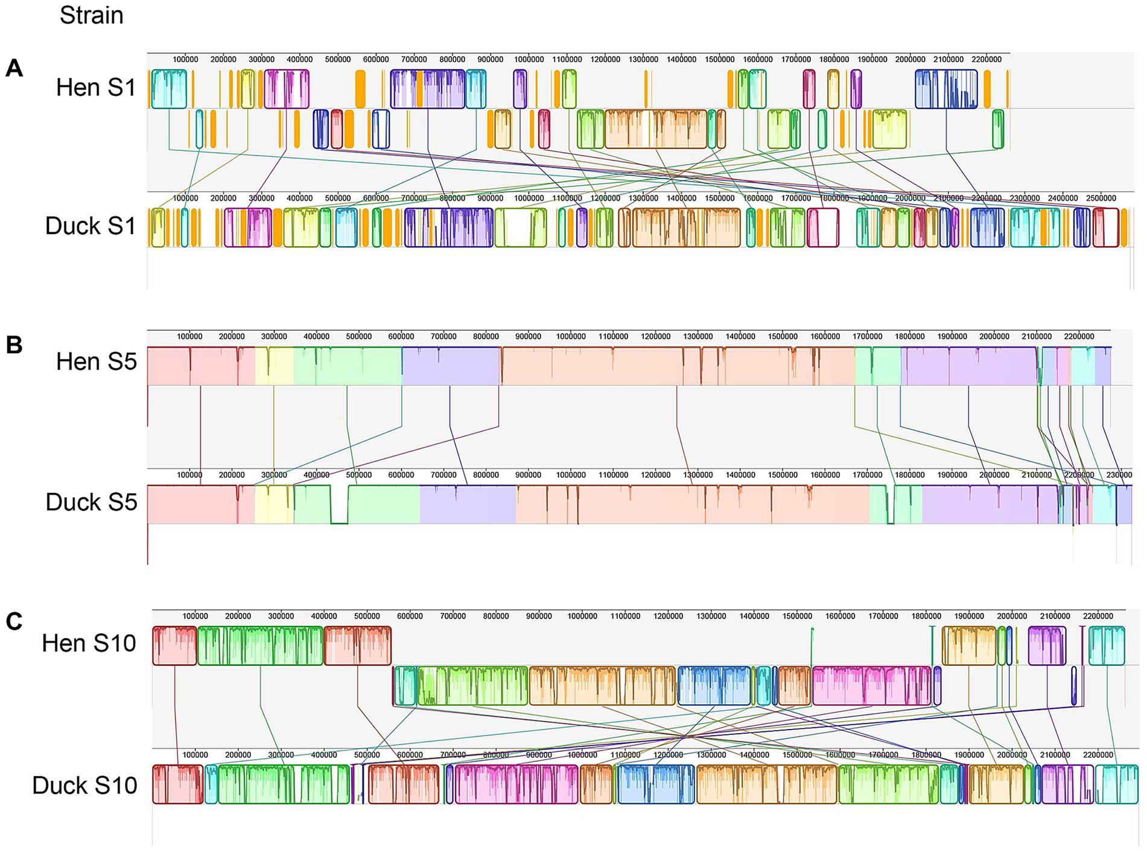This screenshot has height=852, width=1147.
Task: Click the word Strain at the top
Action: point(91,15)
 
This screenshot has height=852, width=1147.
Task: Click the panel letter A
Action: point(14,68)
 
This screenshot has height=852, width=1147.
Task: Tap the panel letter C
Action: point(14,621)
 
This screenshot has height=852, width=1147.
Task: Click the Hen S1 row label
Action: point(96,88)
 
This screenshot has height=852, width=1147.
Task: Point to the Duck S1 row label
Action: point(91,226)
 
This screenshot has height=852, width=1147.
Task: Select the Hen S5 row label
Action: point(96,362)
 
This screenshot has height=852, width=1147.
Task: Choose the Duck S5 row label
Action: point(91,502)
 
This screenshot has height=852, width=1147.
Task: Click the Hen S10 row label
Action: point(89,643)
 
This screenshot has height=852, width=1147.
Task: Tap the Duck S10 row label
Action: point(84,786)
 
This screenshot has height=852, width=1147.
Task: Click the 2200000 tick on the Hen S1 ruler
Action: point(987,59)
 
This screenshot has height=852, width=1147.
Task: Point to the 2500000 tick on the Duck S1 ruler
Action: point(1101,198)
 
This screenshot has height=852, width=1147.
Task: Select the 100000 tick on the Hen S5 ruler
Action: point(189,336)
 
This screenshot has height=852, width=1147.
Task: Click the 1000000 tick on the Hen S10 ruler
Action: point(582,616)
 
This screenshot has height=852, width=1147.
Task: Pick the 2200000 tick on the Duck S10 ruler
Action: point(1098,755)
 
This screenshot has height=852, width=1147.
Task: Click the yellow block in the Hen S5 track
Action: point(274,366)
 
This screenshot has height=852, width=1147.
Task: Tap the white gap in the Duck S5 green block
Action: point(339,504)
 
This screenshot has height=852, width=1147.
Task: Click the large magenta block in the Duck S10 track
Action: point(516,784)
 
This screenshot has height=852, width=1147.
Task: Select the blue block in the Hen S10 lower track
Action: point(714,685)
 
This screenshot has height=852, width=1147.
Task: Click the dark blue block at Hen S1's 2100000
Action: point(945,89)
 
